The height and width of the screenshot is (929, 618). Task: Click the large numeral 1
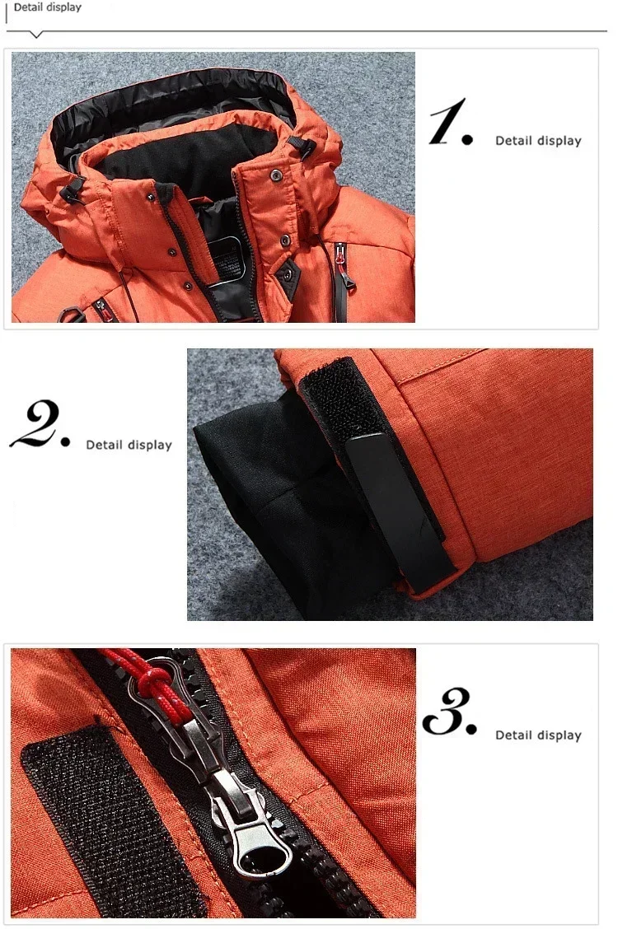(x=450, y=124)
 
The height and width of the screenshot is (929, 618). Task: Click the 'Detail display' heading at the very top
(x=48, y=7)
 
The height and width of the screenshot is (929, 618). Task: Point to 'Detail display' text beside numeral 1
(x=538, y=141)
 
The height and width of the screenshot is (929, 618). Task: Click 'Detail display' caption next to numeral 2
(x=129, y=445)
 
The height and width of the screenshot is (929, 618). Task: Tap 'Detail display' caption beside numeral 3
(x=538, y=735)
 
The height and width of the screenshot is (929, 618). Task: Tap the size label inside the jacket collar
(x=227, y=256)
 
